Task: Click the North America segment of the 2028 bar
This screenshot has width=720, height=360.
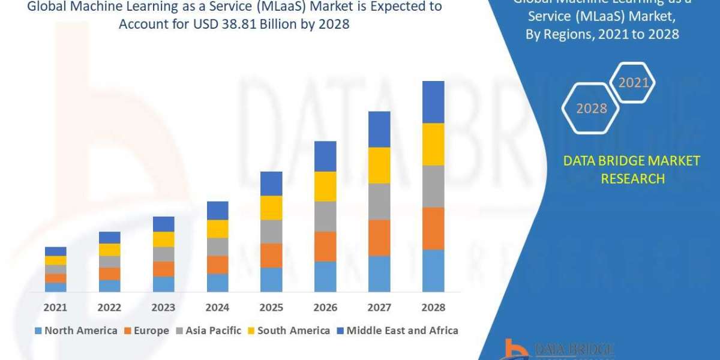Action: click(x=433, y=271)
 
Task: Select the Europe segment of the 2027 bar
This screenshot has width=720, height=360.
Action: click(x=379, y=238)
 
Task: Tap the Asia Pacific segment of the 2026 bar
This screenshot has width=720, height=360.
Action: click(x=325, y=217)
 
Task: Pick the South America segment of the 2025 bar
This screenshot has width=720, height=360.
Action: click(x=271, y=208)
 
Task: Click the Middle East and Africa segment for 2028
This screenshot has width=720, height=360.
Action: click(x=433, y=102)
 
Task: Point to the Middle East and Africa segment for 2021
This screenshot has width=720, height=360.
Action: click(x=55, y=251)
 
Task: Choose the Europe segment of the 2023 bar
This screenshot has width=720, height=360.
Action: click(x=163, y=269)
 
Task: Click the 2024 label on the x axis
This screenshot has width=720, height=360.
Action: click(x=217, y=307)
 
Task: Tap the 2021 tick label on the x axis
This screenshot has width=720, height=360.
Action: click(x=55, y=307)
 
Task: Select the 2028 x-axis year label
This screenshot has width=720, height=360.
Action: click(x=433, y=307)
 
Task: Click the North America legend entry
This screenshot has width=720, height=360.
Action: click(x=76, y=330)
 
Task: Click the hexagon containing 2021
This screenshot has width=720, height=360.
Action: click(x=634, y=83)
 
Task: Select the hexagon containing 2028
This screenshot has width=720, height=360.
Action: click(x=592, y=109)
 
